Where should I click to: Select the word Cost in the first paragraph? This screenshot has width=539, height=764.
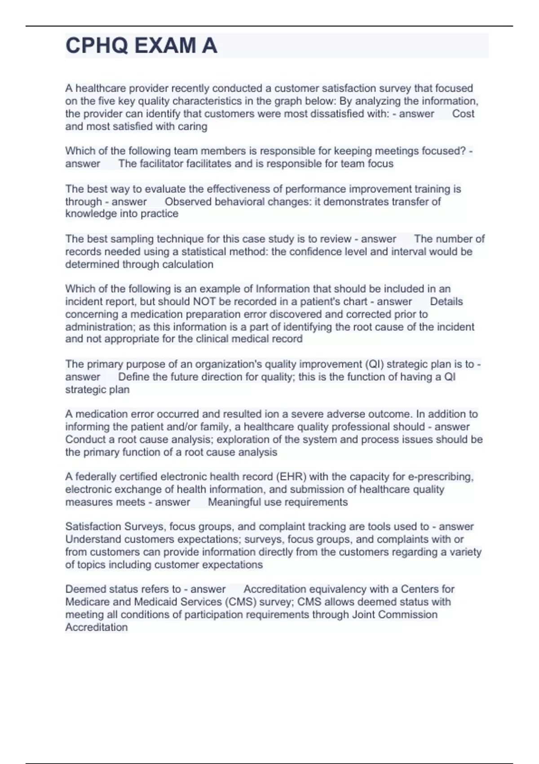tap(463, 114)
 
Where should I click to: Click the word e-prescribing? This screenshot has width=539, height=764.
tap(440, 476)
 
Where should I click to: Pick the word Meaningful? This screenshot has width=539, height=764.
tap(234, 502)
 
